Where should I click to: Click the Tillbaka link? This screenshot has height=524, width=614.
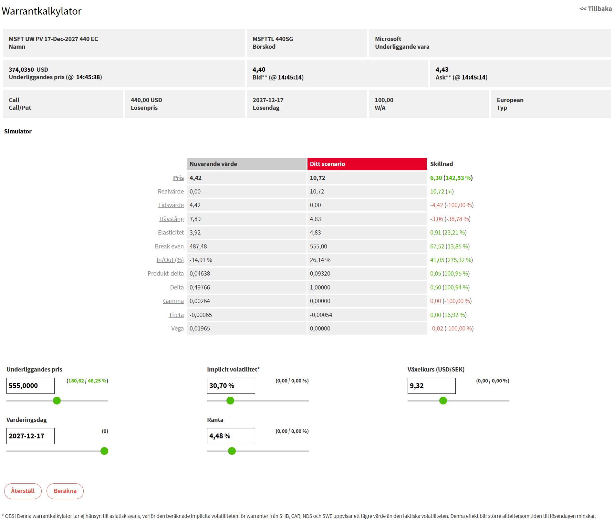tap(595, 9)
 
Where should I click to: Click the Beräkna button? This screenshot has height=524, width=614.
tap(65, 491)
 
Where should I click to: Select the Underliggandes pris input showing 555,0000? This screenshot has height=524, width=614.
tap(30, 386)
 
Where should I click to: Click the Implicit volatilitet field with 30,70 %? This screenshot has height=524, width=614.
tap(231, 386)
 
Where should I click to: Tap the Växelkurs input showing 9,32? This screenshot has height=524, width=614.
tap(432, 386)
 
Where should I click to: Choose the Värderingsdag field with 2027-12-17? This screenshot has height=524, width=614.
tap(30, 436)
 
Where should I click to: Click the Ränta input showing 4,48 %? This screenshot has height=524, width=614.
tap(231, 436)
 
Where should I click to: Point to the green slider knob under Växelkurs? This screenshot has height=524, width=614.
tap(443, 401)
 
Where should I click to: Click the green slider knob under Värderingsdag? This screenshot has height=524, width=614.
tap(104, 451)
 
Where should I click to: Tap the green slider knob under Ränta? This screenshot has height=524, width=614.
tap(232, 451)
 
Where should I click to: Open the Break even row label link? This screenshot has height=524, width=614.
tap(169, 246)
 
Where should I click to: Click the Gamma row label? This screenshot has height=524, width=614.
tap(173, 301)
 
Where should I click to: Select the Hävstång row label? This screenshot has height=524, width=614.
tap(172, 219)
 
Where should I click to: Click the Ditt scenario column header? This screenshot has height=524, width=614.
tap(367, 164)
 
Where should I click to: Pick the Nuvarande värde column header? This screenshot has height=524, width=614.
tap(246, 164)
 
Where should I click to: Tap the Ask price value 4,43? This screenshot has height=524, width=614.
tap(442, 69)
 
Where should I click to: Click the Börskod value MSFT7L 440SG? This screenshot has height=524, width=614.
tap(273, 39)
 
